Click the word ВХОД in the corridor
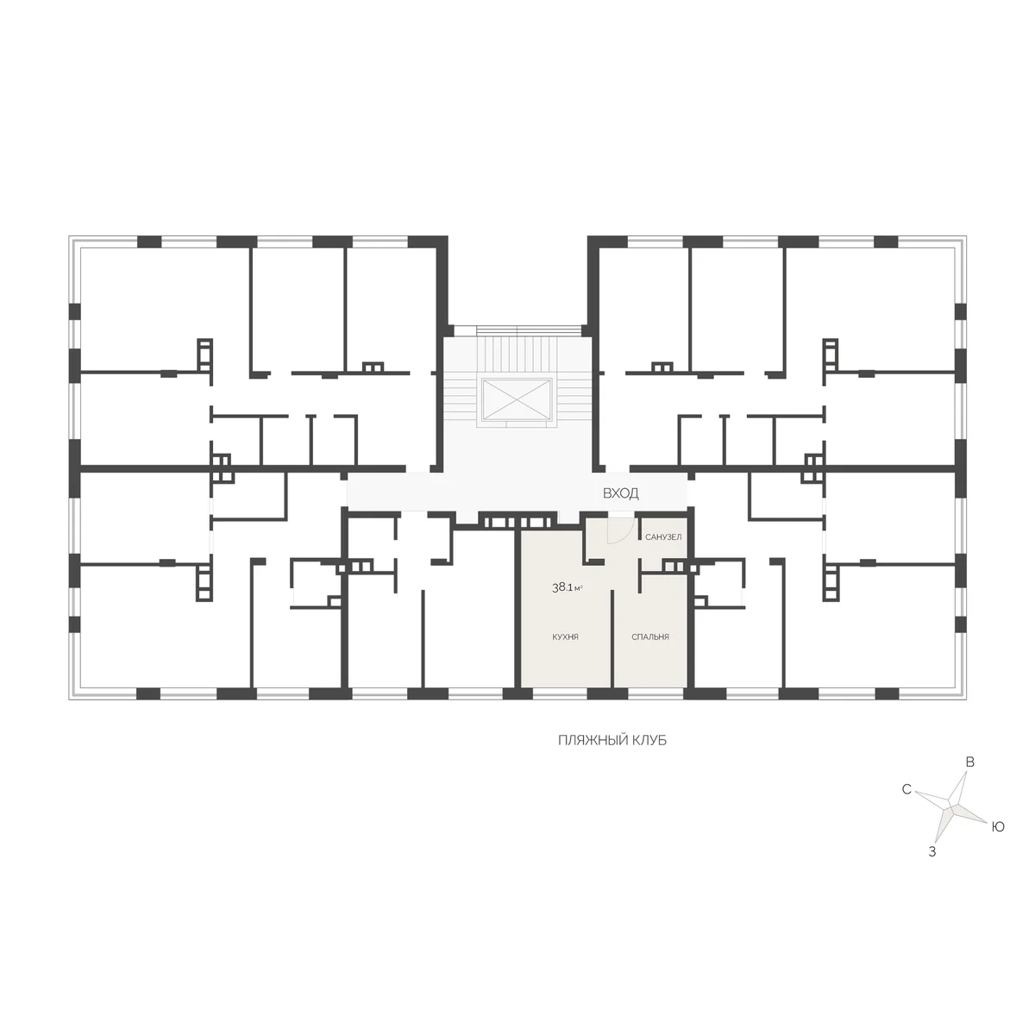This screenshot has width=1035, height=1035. coord(620,493)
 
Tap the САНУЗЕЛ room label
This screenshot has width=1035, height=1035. coord(663,537)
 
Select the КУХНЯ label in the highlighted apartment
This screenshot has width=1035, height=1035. coord(565,637)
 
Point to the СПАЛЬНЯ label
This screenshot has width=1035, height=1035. coord(650,637)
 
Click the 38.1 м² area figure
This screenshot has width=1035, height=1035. coord(568,587)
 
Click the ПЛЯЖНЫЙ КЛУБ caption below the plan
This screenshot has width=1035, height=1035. coord(612,740)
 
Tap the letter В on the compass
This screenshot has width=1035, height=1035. coord(970,762)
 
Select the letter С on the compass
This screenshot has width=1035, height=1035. coord(906,789)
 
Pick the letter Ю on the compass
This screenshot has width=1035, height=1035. coord(997,827)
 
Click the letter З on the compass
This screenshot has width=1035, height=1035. coord(932,852)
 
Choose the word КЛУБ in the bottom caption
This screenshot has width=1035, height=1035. coord(650,740)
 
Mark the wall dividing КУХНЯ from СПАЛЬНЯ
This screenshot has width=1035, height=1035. coord(612,638)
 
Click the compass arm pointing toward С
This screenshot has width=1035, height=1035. coord(933,800)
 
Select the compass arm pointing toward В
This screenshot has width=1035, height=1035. coord(959,789)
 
